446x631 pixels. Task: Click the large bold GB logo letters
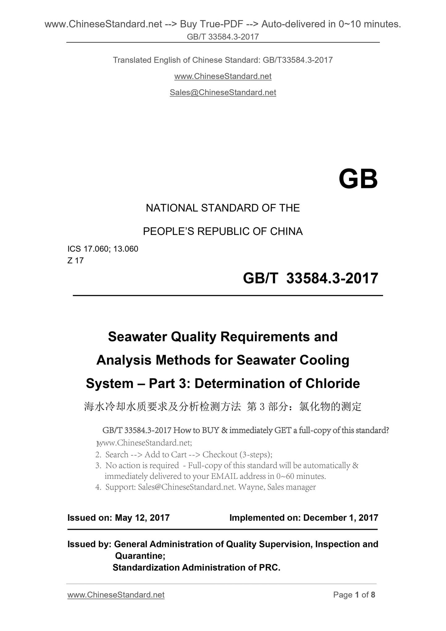click(358, 179)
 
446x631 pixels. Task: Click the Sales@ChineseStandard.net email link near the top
click(223, 92)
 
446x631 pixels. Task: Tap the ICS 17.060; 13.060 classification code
click(103, 249)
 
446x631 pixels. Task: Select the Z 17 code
click(76, 261)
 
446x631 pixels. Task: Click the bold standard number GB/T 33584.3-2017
click(311, 278)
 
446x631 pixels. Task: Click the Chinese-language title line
click(223, 407)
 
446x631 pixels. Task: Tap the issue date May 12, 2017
click(142, 518)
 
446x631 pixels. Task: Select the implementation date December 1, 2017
click(341, 518)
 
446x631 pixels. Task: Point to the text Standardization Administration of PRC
click(196, 567)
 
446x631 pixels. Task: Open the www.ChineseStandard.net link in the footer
click(116, 595)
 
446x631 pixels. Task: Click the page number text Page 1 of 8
click(354, 595)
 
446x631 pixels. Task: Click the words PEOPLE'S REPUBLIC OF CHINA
click(223, 232)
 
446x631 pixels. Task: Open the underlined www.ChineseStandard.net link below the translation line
click(223, 76)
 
